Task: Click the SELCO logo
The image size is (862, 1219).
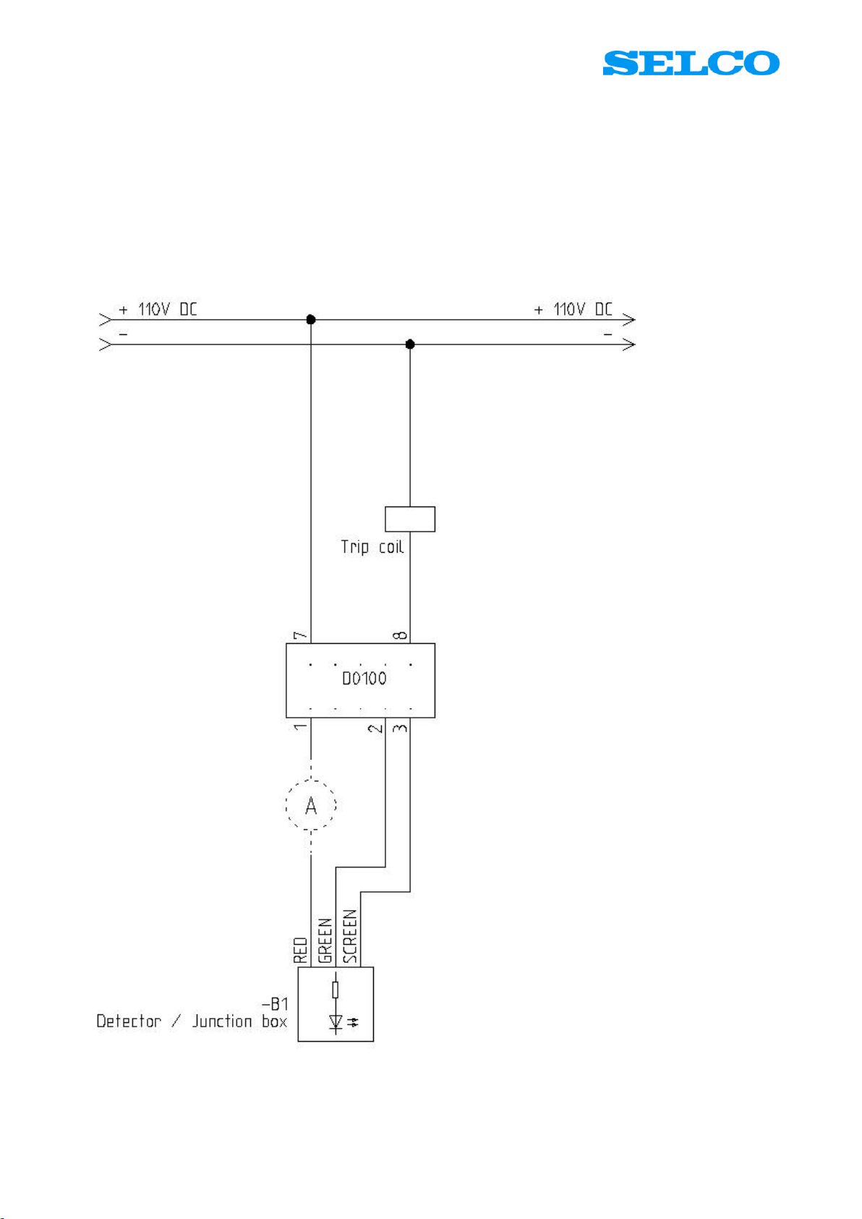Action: pyautogui.click(x=691, y=64)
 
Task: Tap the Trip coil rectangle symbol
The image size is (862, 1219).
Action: pyautogui.click(x=410, y=519)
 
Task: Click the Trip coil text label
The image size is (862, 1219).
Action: pyautogui.click(x=372, y=547)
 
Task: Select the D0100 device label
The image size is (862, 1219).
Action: pyautogui.click(x=364, y=679)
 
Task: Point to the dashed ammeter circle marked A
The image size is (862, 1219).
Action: pyautogui.click(x=311, y=805)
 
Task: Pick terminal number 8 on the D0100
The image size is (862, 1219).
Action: pyautogui.click(x=400, y=636)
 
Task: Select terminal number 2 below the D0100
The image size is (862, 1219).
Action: pyautogui.click(x=375, y=726)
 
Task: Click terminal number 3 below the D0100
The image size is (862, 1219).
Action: pyautogui.click(x=400, y=726)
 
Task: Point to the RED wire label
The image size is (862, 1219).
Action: pyautogui.click(x=301, y=951)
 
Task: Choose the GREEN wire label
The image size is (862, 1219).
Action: pyautogui.click(x=325, y=940)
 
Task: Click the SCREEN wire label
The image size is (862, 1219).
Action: pyautogui.click(x=350, y=936)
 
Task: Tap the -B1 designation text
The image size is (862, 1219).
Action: pyautogui.click(x=275, y=1004)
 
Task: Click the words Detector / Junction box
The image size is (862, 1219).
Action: pyautogui.click(x=192, y=1022)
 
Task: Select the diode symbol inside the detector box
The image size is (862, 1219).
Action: pyautogui.click(x=336, y=1022)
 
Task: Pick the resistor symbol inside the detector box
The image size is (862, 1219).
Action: pyautogui.click(x=335, y=990)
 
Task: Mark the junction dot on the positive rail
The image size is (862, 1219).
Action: pyautogui.click(x=311, y=320)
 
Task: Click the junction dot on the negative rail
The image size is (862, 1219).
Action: pyautogui.click(x=410, y=344)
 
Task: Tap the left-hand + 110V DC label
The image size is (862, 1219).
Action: pyautogui.click(x=158, y=310)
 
